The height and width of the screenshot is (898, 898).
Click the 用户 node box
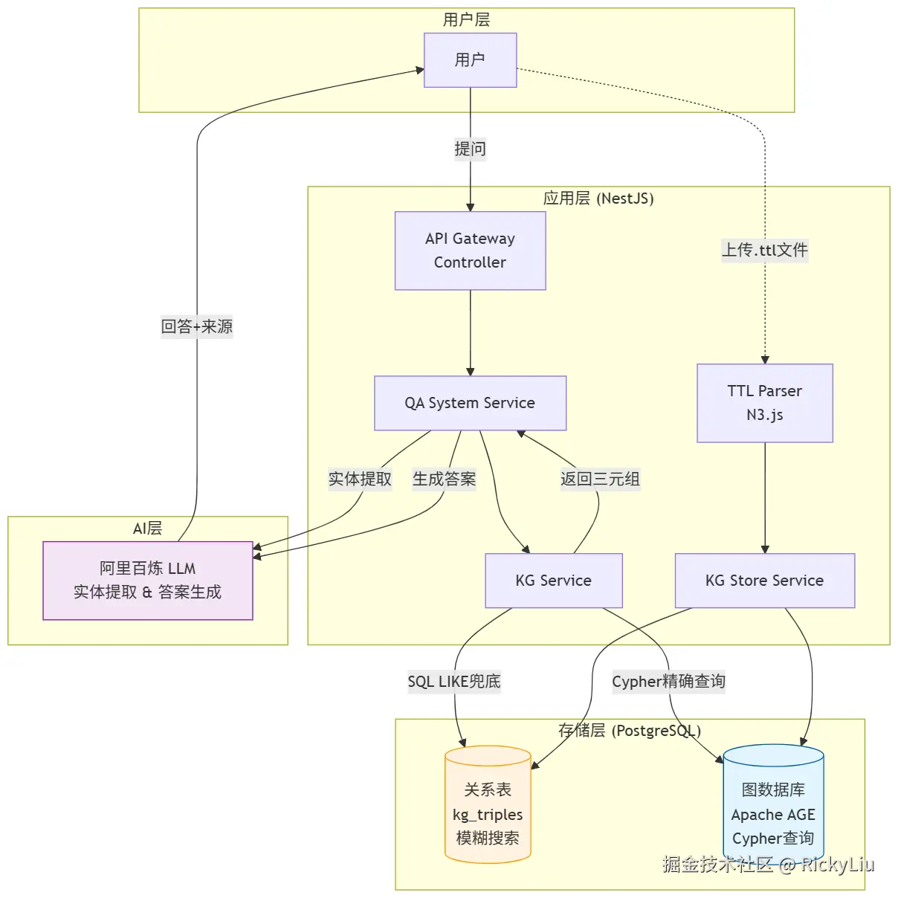[470, 60]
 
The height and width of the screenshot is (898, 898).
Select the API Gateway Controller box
[470, 251]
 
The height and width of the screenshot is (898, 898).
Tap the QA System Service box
[470, 403]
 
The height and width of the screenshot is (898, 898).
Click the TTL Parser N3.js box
[764, 403]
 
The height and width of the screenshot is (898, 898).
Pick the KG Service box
[553, 581]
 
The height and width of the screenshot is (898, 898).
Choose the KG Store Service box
[764, 581]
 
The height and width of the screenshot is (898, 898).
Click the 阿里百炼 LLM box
[147, 581]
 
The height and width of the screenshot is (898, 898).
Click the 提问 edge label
[470, 149]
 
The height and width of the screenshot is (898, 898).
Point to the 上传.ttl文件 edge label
[764, 250]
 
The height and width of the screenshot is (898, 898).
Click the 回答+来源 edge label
[197, 326]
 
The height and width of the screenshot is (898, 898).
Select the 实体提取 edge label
[360, 479]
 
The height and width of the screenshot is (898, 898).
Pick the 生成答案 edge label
[444, 479]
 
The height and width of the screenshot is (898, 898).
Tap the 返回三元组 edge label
[600, 479]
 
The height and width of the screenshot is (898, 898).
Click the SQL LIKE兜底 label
[453, 681]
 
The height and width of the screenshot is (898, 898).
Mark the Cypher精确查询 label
[668, 681]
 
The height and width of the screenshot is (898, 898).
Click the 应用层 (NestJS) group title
[598, 198]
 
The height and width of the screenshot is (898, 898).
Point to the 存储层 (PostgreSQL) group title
[629, 731]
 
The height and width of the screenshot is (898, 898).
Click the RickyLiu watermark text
[837, 864]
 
